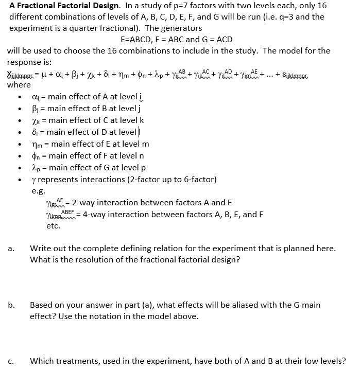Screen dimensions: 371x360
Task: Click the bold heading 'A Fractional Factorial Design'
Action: pyautogui.click(x=63, y=6)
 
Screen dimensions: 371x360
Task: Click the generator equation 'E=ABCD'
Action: pyautogui.click(x=138, y=39)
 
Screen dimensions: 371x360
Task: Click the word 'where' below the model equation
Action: pyautogui.click(x=19, y=84)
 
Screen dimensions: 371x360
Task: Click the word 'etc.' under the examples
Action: pyautogui.click(x=53, y=225)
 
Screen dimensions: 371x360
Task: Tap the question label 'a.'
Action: pyautogui.click(x=11, y=249)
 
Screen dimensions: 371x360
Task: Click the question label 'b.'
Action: pyautogui.click(x=11, y=305)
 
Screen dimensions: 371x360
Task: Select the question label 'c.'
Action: pyautogui.click(x=11, y=361)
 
